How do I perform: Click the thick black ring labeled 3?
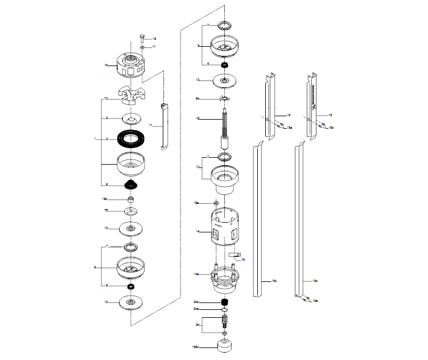pos(132,138)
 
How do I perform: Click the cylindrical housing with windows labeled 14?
pos(224,229)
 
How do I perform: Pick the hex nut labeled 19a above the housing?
pos(217,203)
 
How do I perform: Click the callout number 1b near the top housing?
pos(105,66)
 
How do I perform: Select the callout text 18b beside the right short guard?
pos(331,128)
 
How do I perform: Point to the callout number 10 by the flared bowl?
pos(197,167)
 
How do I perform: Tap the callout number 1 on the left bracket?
pos(95,138)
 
